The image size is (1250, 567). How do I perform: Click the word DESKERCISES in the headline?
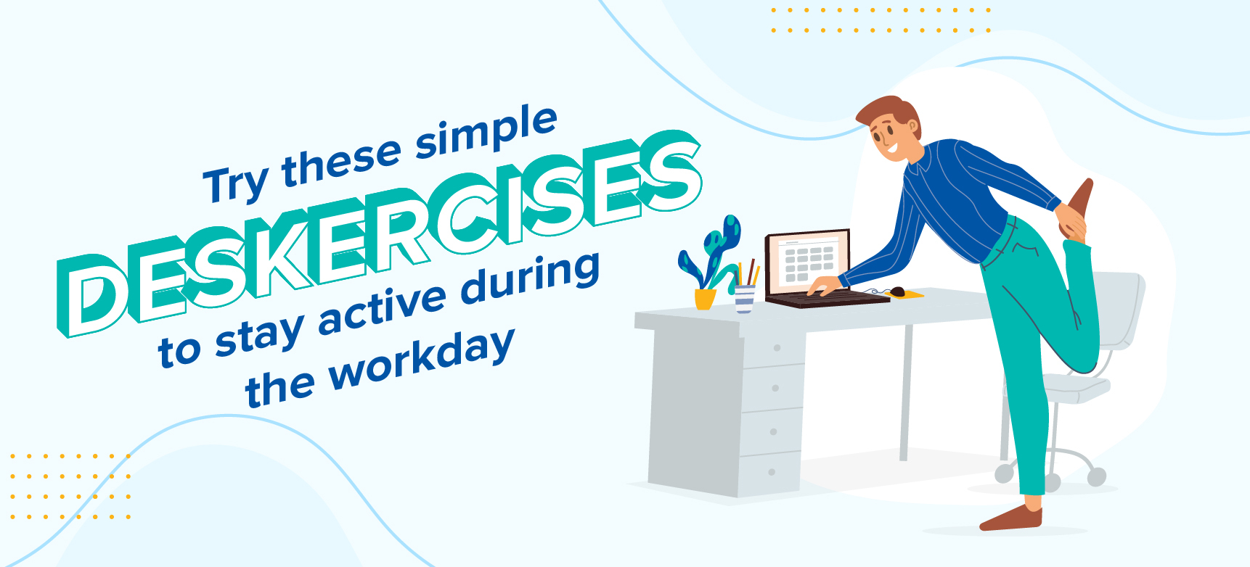[377, 232]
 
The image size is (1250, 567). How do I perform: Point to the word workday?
[421, 363]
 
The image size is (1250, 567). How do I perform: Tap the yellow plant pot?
[705, 299]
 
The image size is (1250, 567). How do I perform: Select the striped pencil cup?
[745, 299]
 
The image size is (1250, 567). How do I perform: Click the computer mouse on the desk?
[897, 292]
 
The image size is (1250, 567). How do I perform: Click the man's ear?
[912, 128]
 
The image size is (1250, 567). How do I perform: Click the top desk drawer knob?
[777, 348]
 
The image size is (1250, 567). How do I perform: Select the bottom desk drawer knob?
[772, 472]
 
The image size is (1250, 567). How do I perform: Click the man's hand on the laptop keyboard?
[823, 285]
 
